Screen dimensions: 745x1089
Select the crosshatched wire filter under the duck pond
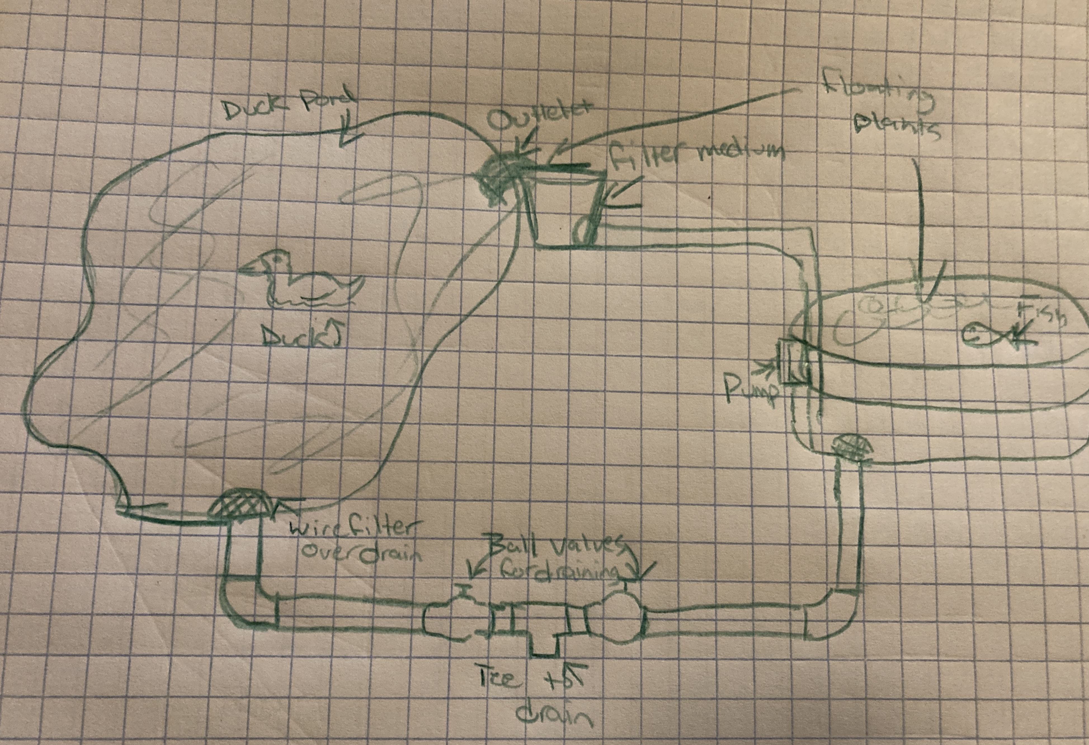pos(239,504)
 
